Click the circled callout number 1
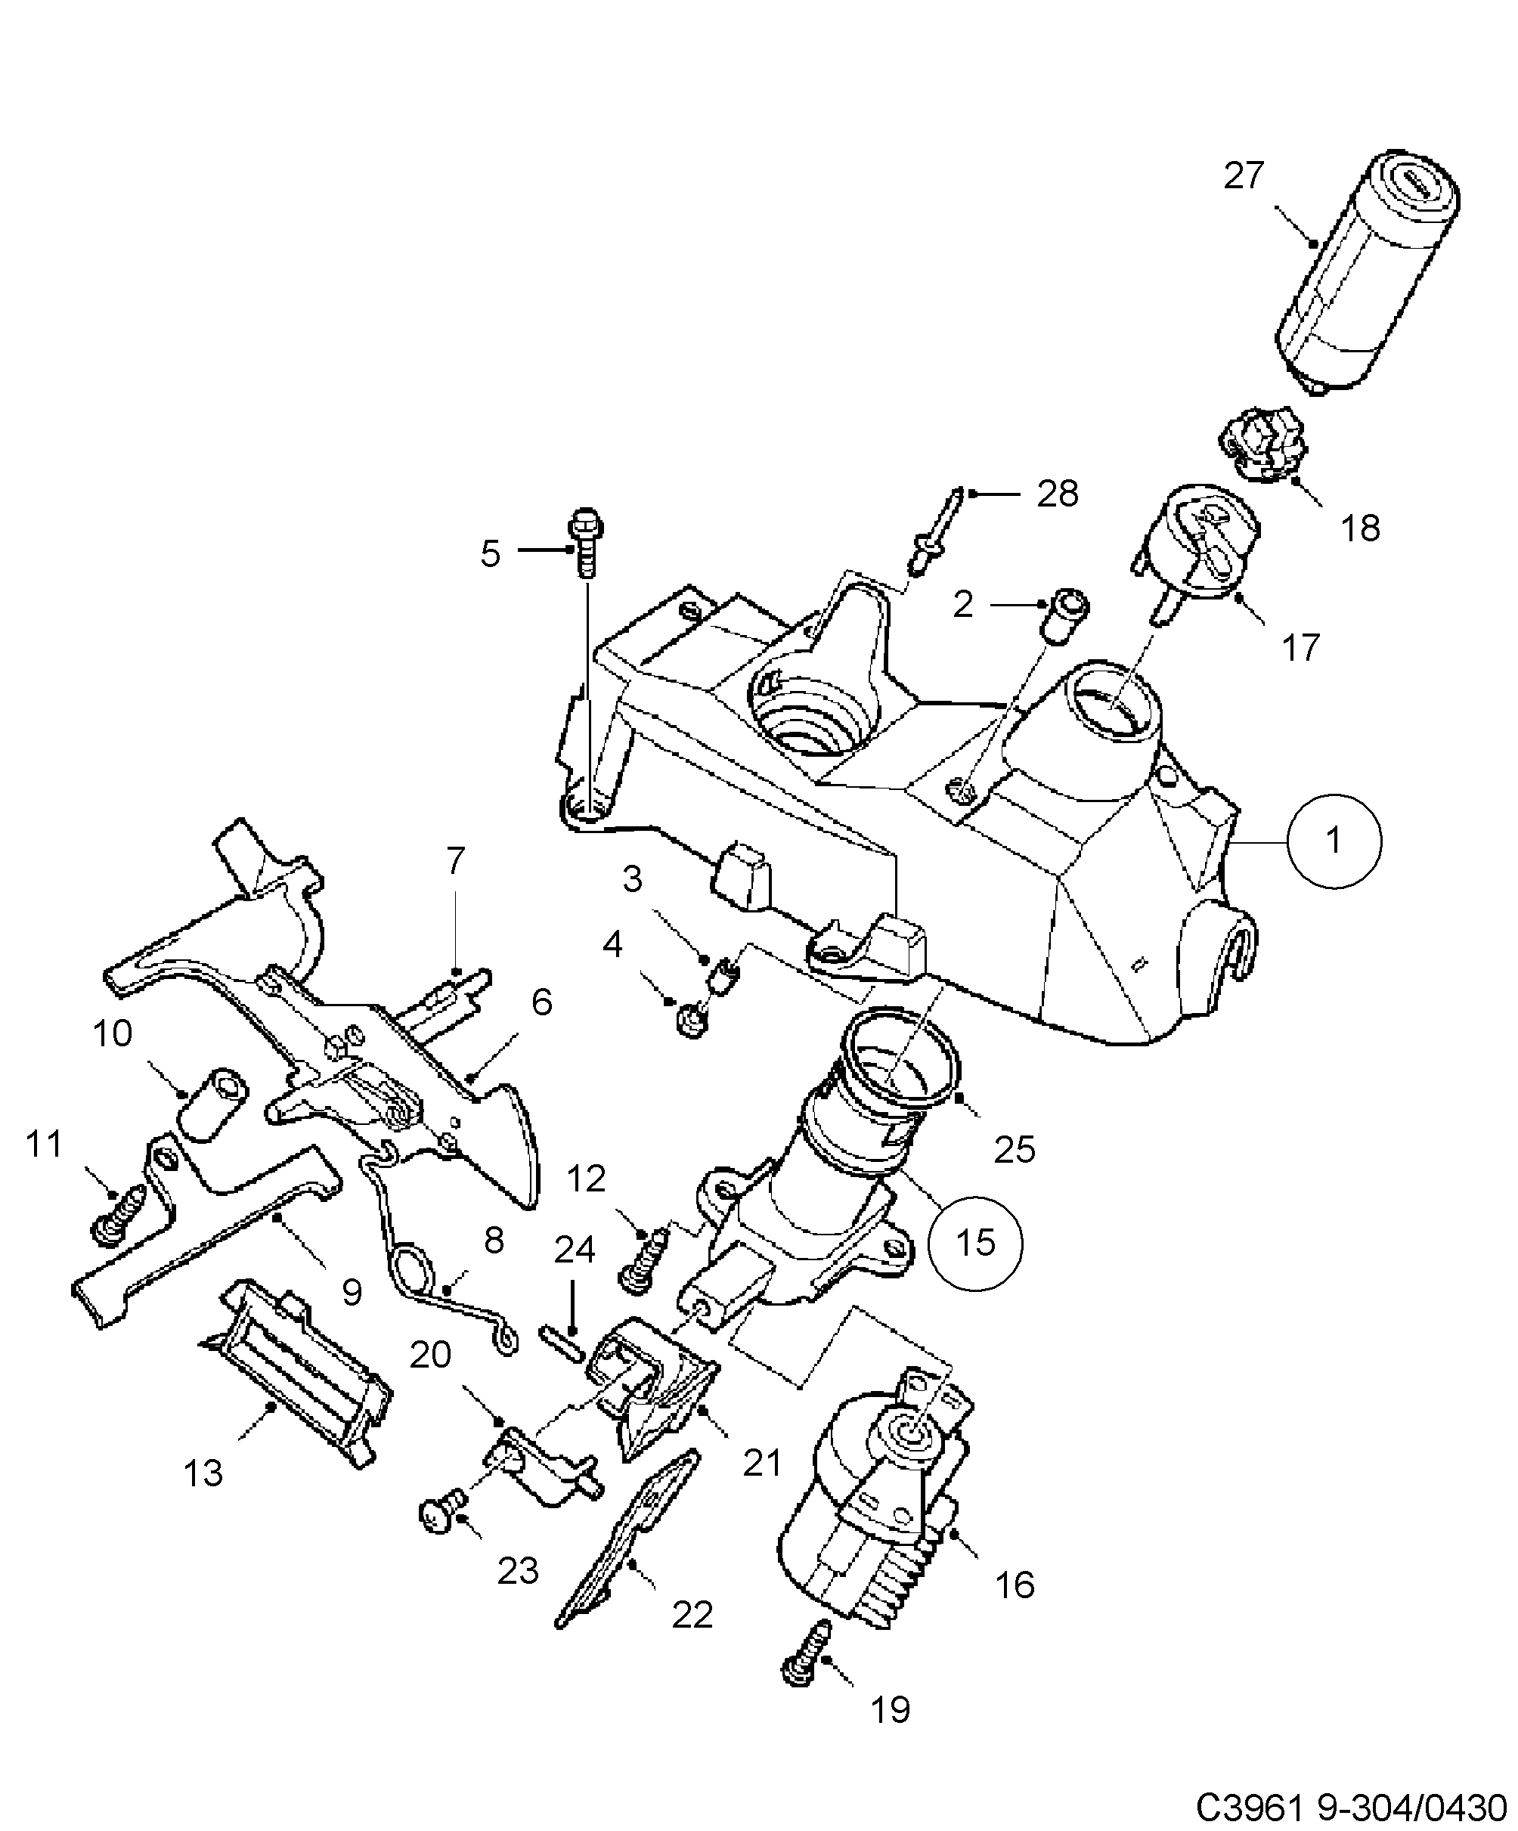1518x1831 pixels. tap(1334, 841)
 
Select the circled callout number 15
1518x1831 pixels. tap(974, 1243)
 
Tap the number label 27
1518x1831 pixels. tap(1244, 176)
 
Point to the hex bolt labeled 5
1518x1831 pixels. tap(586, 541)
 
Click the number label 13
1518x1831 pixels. tap(203, 1473)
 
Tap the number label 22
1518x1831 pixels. tap(692, 1615)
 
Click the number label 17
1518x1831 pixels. tap(1301, 648)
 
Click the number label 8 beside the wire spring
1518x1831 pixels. tap(494, 1241)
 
